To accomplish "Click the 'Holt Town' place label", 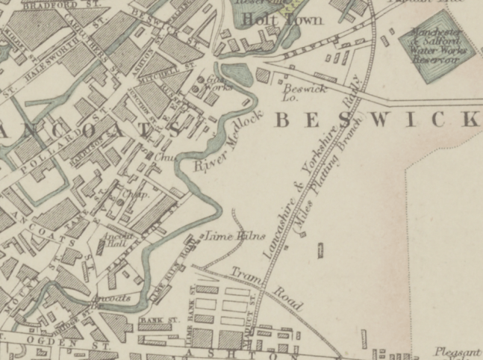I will point(287,19).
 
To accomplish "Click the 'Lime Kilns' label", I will point(235,236).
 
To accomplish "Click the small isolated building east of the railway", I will point(321,250).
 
